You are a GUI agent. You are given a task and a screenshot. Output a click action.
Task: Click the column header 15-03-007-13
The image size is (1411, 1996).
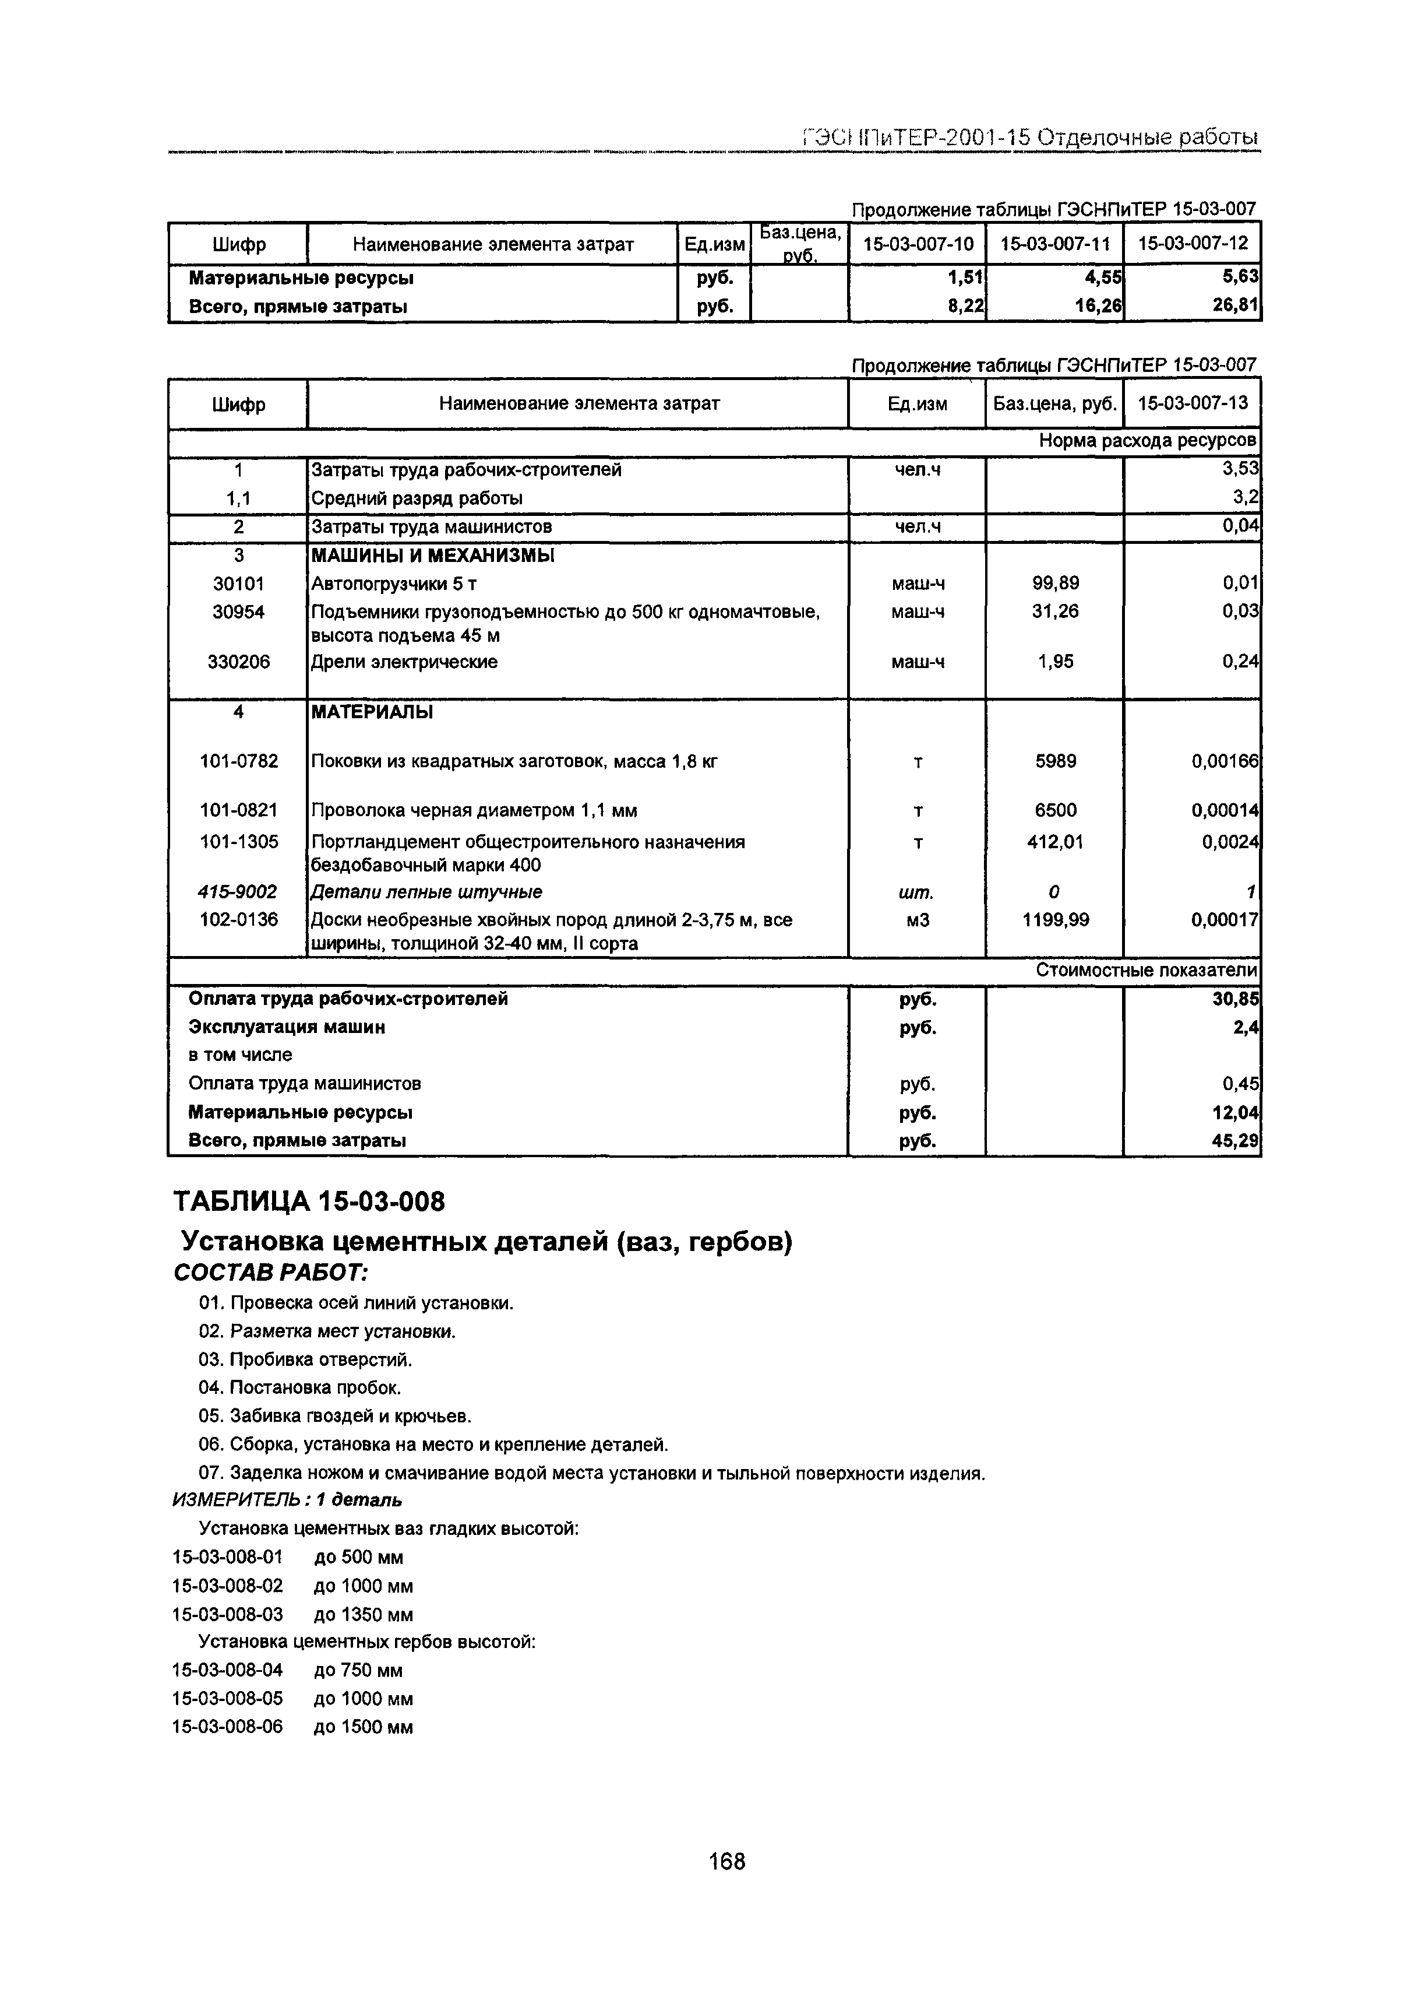[x=1192, y=403]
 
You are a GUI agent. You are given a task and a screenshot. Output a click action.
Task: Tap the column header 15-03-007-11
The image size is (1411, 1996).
[x=1055, y=244]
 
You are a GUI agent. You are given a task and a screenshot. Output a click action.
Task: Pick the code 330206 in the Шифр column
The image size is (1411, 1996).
[x=238, y=662]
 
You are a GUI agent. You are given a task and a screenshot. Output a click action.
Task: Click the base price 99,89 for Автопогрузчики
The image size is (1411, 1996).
[x=1055, y=584]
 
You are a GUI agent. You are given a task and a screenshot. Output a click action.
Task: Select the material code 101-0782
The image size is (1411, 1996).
[x=238, y=761]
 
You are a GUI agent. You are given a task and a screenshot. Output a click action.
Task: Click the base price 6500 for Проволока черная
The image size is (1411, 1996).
[x=1055, y=810]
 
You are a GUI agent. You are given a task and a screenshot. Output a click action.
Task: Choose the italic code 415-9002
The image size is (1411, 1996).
[x=238, y=892]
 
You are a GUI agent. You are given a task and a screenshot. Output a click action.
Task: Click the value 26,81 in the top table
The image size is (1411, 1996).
[x=1236, y=306]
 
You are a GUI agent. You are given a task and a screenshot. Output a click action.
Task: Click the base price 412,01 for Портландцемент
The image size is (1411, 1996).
[x=1055, y=842]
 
